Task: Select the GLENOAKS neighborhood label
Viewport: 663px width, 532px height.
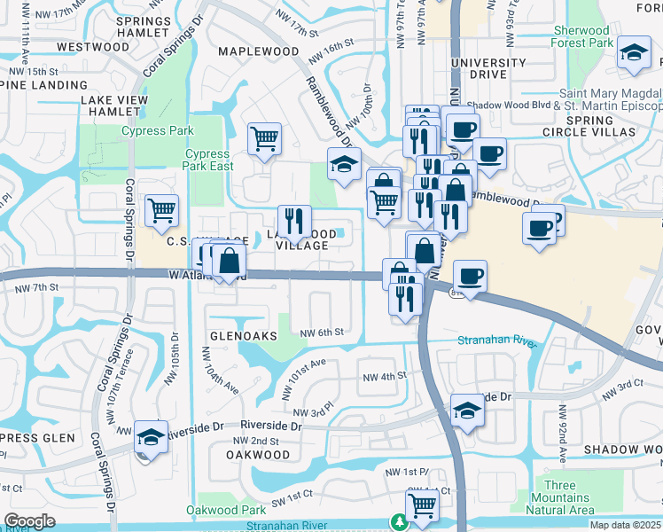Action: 244,337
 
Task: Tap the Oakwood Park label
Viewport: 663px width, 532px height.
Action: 226,510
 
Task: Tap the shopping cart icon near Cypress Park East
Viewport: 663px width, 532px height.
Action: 264,138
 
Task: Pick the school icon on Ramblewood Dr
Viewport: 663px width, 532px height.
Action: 344,163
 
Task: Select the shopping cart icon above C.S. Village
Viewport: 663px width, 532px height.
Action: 161,211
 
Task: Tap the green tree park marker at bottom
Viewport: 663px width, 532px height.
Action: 399,522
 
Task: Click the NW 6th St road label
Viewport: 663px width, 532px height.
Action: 321,332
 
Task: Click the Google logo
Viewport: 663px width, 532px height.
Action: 29,521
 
